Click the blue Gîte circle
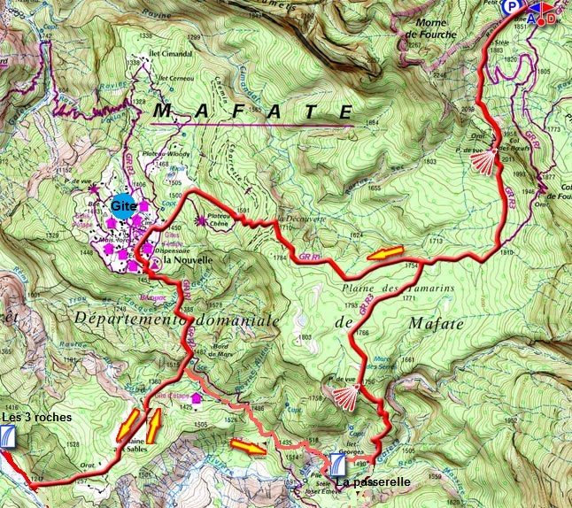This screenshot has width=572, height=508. (x=121, y=204)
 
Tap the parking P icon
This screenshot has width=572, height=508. (x=513, y=7)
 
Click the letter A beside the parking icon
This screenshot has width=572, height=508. (x=532, y=18)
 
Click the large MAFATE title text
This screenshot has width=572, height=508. (x=254, y=112)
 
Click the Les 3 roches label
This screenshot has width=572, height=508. (x=36, y=417)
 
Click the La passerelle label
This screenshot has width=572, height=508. (x=372, y=483)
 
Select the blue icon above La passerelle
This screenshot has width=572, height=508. (x=337, y=464)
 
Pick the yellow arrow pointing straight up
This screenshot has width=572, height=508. (x=154, y=426)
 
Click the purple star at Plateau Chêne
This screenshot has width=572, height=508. (x=201, y=220)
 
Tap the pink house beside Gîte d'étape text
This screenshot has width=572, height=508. (x=210, y=399)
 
